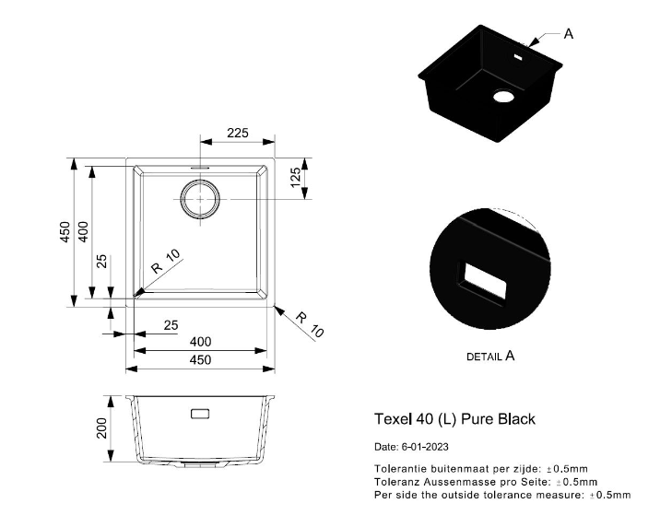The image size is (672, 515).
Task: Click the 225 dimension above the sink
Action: point(237,133)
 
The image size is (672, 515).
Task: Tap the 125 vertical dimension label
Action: point(296,178)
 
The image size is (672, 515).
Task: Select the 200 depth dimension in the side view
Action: point(102,427)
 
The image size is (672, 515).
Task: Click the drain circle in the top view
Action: point(200,199)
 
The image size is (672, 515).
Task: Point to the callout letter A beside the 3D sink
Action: point(568,34)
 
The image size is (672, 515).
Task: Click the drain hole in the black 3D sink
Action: point(503,96)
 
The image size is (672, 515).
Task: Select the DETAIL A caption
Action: point(490,356)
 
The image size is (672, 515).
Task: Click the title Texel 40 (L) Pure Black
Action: point(454,419)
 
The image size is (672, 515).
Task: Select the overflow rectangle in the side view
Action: point(200,414)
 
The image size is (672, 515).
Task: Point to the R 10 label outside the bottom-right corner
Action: point(311,324)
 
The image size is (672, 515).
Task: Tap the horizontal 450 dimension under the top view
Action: point(200,359)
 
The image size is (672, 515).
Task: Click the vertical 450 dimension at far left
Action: point(65,232)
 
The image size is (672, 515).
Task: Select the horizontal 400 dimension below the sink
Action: point(200,342)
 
